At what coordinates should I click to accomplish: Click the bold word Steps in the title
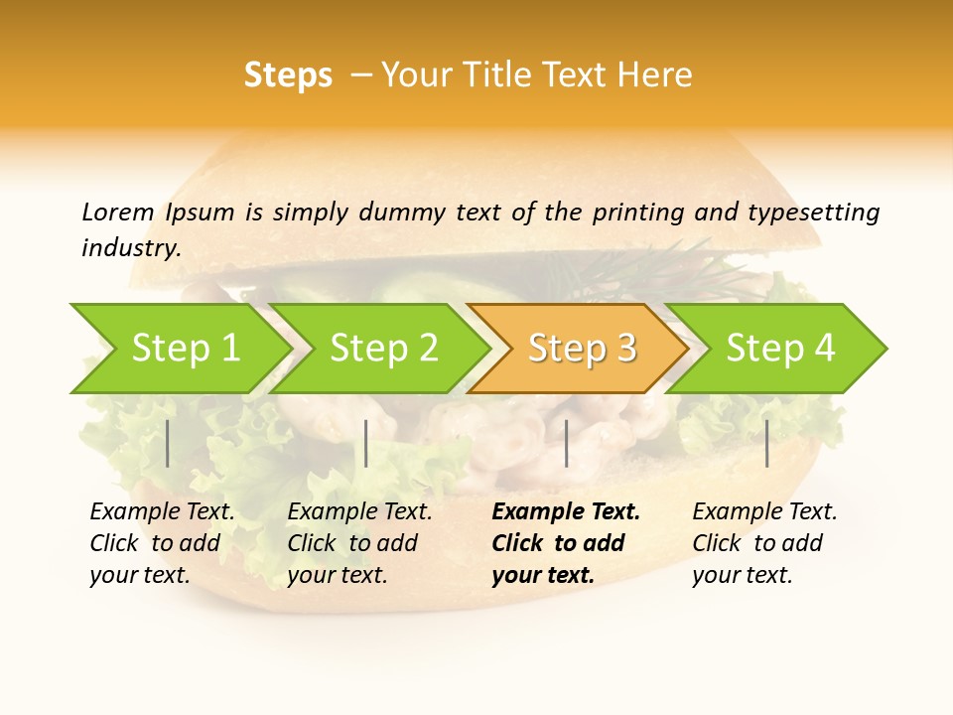pyautogui.click(x=288, y=75)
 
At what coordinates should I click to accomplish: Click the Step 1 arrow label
pyautogui.click(x=186, y=349)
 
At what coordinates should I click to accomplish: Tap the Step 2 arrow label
pyautogui.click(x=384, y=349)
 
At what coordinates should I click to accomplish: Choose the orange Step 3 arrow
pyautogui.click(x=582, y=349)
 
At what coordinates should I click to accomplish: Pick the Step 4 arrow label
pyautogui.click(x=780, y=349)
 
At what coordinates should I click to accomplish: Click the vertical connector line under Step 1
pyautogui.click(x=168, y=443)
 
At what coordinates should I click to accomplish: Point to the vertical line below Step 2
pyautogui.click(x=366, y=443)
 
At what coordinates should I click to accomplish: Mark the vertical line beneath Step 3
pyautogui.click(x=567, y=443)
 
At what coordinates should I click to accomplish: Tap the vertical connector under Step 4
pyautogui.click(x=767, y=443)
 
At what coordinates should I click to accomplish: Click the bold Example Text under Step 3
pyautogui.click(x=566, y=512)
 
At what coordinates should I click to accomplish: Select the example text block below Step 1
pyautogui.click(x=162, y=543)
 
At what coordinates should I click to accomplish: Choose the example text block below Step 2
pyautogui.click(x=359, y=543)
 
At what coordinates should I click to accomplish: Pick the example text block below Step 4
pyautogui.click(x=764, y=543)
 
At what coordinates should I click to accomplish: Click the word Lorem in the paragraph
pyautogui.click(x=117, y=213)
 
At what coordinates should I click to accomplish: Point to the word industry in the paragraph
pyautogui.click(x=131, y=249)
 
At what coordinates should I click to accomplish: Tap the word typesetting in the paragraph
pyautogui.click(x=813, y=213)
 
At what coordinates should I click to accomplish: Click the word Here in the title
pyautogui.click(x=654, y=75)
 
